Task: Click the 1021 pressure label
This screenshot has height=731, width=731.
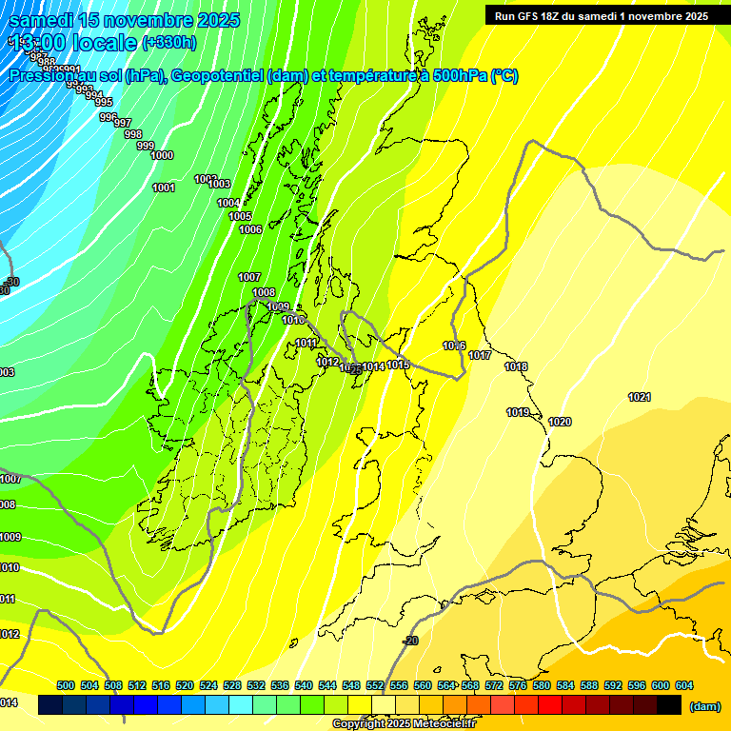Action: [639, 397]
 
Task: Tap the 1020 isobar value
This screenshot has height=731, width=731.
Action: [560, 422]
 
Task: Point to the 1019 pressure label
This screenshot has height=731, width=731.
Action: [518, 412]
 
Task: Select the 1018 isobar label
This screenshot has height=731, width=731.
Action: [516, 366]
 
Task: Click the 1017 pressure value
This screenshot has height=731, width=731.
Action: [480, 355]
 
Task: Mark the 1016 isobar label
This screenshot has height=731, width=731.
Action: [454, 346]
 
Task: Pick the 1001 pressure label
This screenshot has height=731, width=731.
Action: [164, 188]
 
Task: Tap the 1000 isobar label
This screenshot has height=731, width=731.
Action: [162, 155]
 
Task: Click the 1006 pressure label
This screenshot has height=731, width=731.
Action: [250, 229]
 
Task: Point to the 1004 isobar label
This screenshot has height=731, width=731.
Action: [228, 203]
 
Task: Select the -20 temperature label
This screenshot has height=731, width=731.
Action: [410, 641]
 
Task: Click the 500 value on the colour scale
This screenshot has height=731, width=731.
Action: [66, 685]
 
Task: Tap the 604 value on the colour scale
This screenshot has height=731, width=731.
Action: [683, 685]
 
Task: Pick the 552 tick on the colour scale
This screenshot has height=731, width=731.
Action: [374, 685]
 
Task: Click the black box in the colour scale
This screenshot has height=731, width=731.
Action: [669, 704]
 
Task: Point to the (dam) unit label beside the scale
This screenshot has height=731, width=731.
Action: [704, 705]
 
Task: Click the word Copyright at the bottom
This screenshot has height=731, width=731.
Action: [358, 724]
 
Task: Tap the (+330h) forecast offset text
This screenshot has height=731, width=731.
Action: [169, 42]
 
